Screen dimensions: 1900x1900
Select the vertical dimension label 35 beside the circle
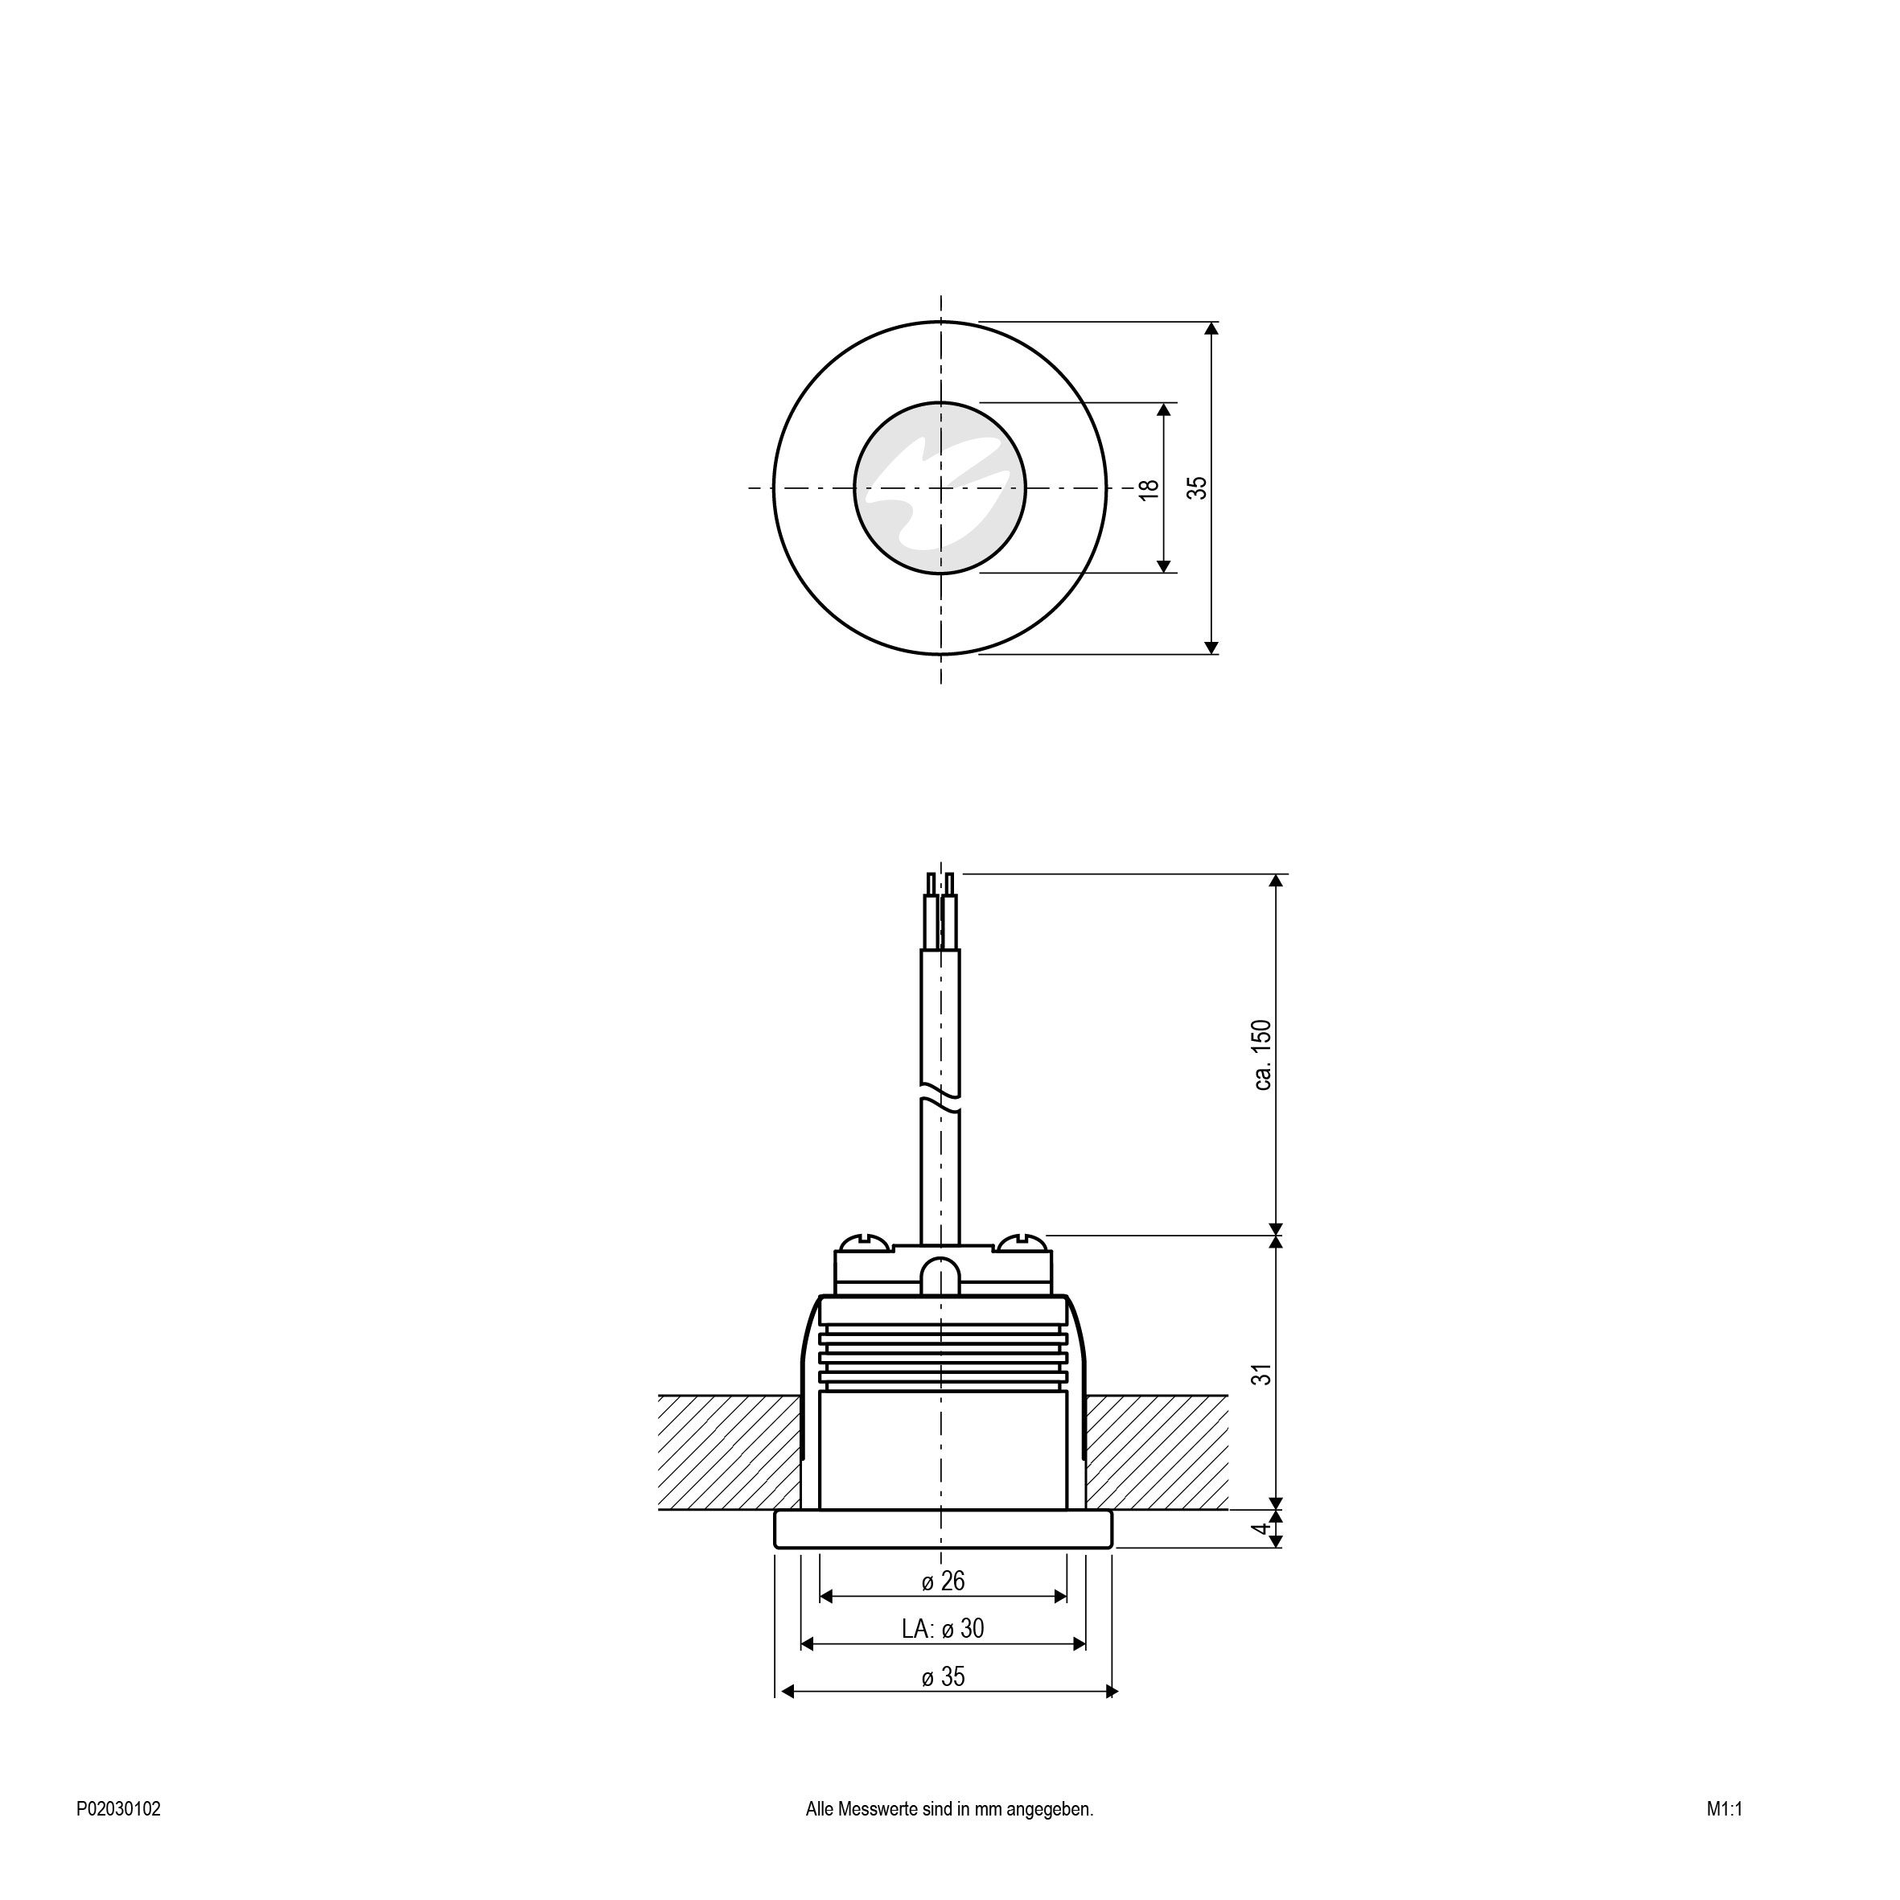pos(1197,487)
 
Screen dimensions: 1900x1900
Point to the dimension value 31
pos(1263,1374)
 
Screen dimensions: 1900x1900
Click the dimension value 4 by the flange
pos(1262,1529)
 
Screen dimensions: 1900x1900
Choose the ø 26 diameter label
pos(943,1581)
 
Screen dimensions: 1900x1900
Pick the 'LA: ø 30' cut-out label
pos(943,1629)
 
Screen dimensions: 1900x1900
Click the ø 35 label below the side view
pos(943,1676)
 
